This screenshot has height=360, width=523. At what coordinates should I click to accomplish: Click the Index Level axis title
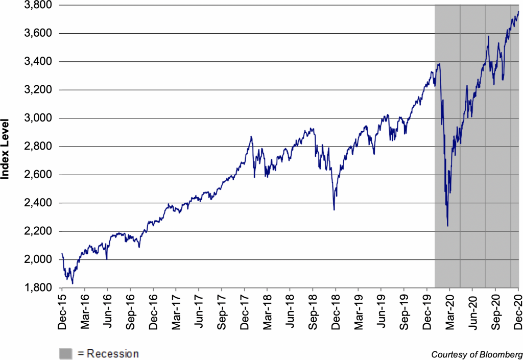(x=7, y=146)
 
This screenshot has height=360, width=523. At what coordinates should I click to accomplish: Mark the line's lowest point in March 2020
(x=447, y=226)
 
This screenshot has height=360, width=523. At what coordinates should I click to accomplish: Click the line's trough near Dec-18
(x=334, y=209)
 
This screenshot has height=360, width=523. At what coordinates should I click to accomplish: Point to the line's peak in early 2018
(x=251, y=137)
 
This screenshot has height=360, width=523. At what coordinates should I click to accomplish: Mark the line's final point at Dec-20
(x=519, y=11)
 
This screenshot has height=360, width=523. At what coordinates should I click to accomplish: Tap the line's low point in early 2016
(x=73, y=283)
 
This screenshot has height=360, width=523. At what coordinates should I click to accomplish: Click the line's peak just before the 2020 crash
(x=439, y=64)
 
